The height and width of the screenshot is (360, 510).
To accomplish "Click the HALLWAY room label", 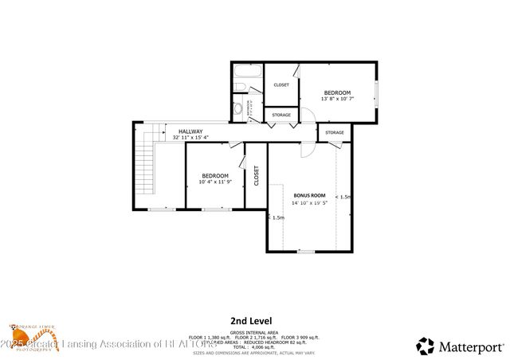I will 190,131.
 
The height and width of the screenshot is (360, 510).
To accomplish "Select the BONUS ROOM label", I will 309,195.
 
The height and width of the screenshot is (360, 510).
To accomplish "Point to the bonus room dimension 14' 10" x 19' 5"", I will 309,202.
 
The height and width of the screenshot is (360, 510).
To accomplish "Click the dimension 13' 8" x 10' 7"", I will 337,99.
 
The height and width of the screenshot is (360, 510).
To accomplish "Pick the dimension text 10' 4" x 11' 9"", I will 214,182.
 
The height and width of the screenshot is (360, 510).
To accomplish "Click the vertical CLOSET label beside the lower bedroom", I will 256,175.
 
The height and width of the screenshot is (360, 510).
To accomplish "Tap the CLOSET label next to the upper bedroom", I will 281,84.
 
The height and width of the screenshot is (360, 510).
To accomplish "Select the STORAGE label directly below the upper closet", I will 281,115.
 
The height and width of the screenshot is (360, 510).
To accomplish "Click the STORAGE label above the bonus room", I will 335,132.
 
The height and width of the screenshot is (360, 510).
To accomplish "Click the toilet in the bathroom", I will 237,108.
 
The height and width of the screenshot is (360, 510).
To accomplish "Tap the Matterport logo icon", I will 426,345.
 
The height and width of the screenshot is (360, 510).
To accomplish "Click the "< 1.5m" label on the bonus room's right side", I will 343,197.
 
